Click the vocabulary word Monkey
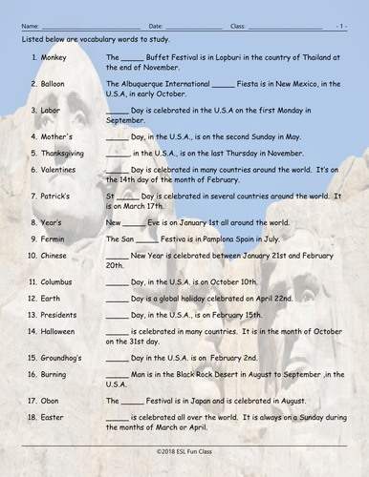point(54,57)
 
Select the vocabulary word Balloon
point(56,84)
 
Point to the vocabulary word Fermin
point(54,238)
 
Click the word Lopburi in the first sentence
point(225,57)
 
